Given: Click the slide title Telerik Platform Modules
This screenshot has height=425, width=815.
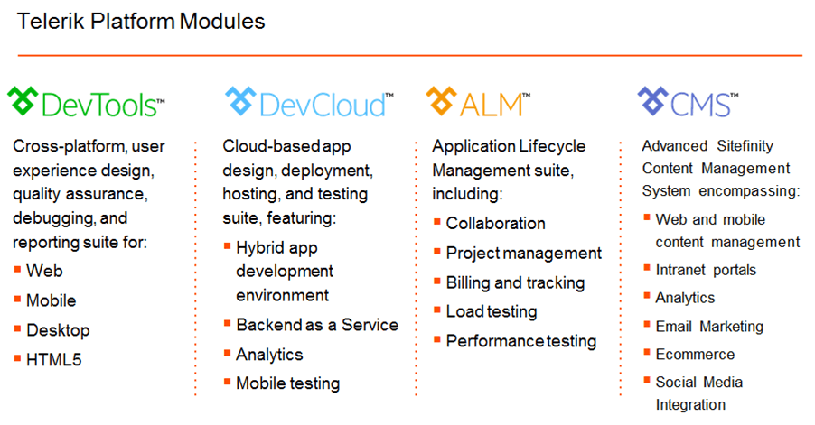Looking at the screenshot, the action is [141, 22].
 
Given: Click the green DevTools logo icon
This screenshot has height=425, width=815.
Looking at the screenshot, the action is [23, 101].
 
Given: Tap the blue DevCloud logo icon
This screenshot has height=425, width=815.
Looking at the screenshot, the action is [240, 101].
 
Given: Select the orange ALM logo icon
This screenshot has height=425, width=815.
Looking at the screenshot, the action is [441, 101].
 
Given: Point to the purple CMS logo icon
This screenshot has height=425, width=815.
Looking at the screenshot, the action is [653, 101].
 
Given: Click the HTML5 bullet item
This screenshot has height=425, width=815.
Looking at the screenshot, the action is [54, 360].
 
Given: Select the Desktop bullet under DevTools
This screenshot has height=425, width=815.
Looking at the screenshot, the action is [58, 330].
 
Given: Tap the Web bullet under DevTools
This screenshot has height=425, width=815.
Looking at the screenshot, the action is [44, 271].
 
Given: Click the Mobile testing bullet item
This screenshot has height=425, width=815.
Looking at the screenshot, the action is [288, 383].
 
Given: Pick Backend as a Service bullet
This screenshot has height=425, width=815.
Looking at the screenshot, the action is [317, 325].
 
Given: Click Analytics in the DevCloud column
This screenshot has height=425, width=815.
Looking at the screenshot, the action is [269, 355].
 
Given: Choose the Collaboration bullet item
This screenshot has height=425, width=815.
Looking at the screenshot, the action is [496, 223].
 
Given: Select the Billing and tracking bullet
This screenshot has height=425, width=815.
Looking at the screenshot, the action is [516, 282].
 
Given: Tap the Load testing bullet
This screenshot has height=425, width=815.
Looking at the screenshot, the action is [492, 312].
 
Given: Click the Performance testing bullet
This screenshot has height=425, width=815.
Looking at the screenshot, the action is [521, 341].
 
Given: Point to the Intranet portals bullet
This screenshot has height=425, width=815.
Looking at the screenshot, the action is [706, 270].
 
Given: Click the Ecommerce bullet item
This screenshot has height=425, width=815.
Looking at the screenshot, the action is [695, 355].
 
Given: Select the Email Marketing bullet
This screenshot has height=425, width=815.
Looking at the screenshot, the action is [709, 327].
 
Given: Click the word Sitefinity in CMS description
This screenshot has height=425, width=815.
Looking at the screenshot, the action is [745, 146].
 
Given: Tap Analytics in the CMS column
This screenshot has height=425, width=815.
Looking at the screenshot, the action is [685, 298].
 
